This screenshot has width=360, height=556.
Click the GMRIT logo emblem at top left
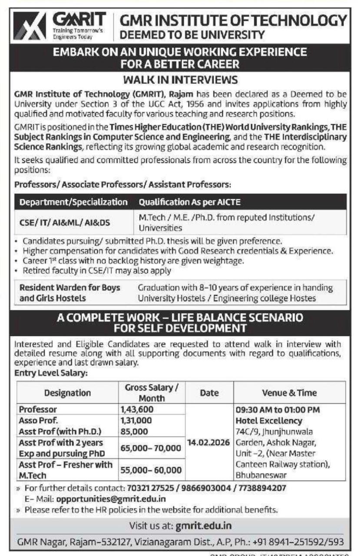[x=29, y=26]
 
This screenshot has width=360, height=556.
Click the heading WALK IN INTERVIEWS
[x=180, y=80]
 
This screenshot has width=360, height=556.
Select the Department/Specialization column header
[x=73, y=202]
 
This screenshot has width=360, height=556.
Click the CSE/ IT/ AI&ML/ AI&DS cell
[x=65, y=223]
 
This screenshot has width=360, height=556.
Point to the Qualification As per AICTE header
[x=189, y=202]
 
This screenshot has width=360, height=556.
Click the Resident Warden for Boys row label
[x=69, y=288]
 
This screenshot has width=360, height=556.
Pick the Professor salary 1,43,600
[x=137, y=409]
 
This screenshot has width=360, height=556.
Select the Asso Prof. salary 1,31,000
[x=136, y=420]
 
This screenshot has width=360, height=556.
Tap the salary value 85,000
[x=135, y=432]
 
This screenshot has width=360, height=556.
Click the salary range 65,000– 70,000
[x=150, y=448]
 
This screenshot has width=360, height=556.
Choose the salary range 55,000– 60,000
[x=150, y=470]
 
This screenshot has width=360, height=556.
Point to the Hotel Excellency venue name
[x=268, y=420]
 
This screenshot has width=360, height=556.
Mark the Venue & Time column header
[x=289, y=393]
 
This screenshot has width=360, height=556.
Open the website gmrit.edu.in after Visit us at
[x=204, y=526]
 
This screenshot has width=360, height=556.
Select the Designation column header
[x=67, y=393]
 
